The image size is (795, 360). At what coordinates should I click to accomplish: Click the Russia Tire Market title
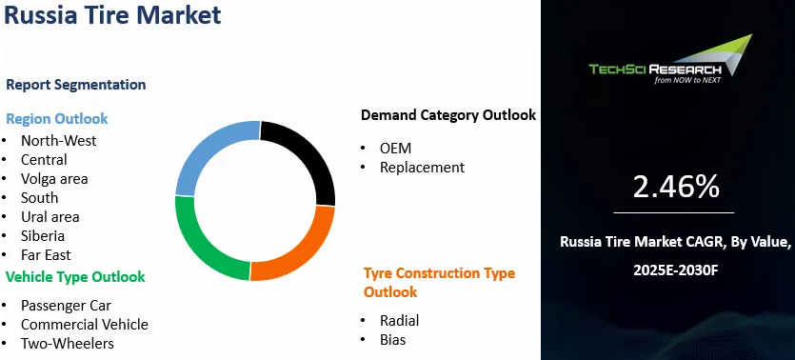112,14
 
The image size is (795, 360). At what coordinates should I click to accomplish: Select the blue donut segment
208,147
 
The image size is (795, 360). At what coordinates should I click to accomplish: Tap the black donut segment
305,152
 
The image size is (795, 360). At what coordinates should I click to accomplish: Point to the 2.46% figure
676,187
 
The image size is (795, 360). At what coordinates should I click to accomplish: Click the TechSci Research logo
670,59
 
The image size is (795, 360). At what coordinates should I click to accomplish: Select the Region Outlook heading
57,119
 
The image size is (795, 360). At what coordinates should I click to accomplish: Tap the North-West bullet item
58,140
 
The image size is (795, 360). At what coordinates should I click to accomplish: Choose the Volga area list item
54,179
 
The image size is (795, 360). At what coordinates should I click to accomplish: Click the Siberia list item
43,236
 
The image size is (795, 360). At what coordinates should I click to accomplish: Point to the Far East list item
46,254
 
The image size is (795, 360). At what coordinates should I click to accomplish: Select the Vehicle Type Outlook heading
75,277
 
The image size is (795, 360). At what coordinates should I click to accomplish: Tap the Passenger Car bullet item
66,306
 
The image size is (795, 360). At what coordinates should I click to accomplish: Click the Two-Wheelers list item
68,344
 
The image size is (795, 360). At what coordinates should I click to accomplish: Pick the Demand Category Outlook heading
448,115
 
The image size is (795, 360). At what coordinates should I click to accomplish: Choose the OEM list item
395,148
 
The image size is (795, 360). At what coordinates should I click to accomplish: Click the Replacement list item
422,168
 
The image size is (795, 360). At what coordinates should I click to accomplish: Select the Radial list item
400,320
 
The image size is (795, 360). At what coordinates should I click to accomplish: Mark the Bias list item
393,340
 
